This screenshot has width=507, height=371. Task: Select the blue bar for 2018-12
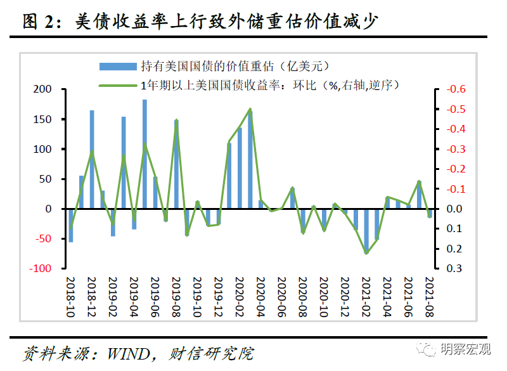[92, 159]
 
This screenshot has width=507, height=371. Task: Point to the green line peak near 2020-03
[250, 110]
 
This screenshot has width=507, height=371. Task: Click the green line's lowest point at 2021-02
[366, 253]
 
